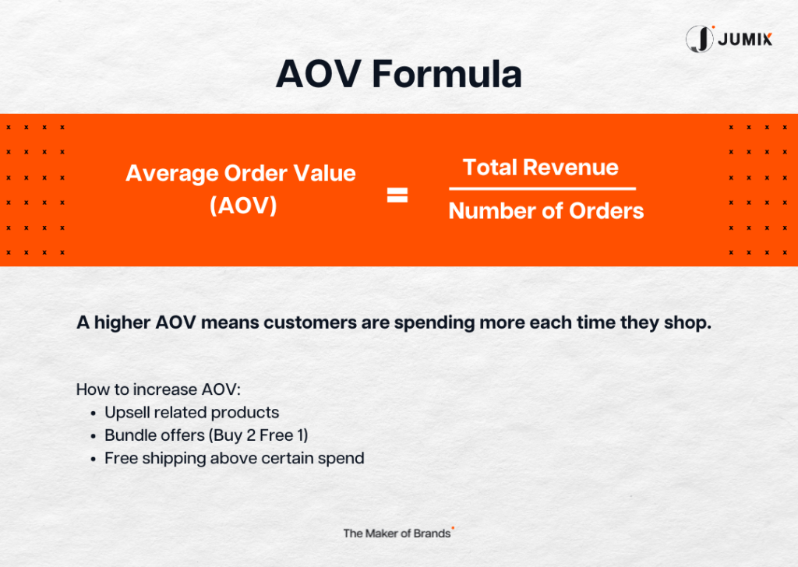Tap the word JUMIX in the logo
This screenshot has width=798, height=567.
tap(745, 39)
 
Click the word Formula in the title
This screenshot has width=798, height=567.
tap(447, 74)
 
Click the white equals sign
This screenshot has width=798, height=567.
tap(397, 195)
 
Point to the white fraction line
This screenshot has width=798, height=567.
tap(542, 188)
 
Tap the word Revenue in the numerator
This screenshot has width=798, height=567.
tap(570, 167)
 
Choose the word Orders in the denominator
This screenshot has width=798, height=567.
tap(606, 211)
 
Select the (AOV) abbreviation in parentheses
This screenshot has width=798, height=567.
tap(243, 206)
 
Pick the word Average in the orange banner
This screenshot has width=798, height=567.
tap(172, 174)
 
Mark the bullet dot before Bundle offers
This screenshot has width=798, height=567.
tap(94, 437)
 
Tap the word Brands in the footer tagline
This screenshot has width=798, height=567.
tap(432, 534)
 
